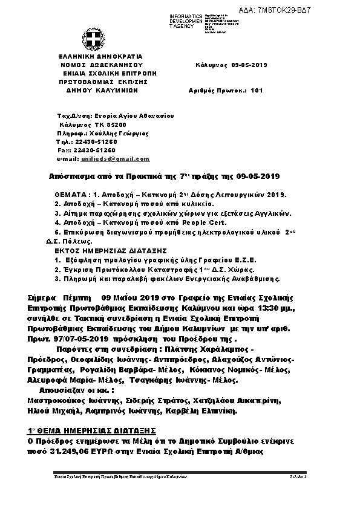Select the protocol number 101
coord(257,90)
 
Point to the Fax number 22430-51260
coord(95,150)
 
